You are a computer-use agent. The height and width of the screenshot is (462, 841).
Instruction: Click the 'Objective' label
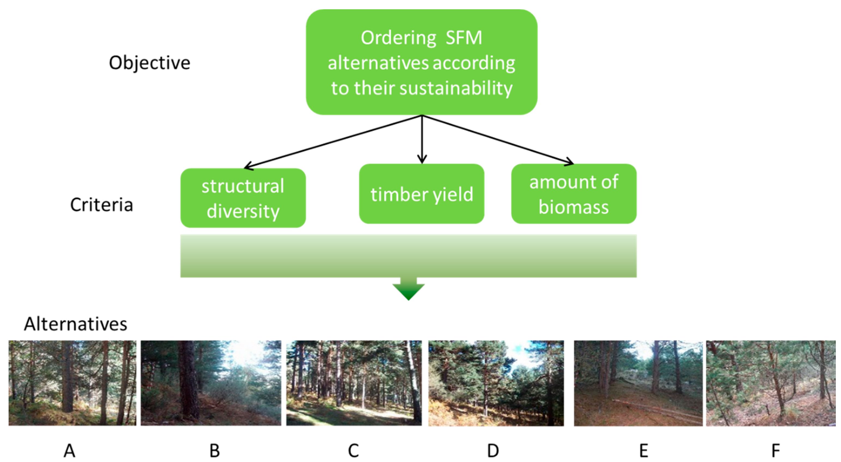pyautogui.click(x=149, y=63)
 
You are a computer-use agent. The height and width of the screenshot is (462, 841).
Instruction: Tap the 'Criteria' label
pyautogui.click(x=101, y=205)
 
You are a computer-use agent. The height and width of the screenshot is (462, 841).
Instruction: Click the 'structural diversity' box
pyautogui.click(x=243, y=198)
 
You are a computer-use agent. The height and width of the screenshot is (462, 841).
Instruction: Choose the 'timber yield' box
pyautogui.click(x=421, y=194)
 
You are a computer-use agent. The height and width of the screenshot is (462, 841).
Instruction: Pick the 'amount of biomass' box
pyautogui.click(x=574, y=194)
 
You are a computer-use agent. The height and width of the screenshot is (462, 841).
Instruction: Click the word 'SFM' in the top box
pyautogui.click(x=464, y=38)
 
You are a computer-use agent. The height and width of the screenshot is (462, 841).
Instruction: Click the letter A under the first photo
pyautogui.click(x=69, y=451)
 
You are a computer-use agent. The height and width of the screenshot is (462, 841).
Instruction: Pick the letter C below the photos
pyautogui.click(x=353, y=451)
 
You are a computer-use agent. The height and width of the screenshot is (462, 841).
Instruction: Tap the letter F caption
pyautogui.click(x=776, y=451)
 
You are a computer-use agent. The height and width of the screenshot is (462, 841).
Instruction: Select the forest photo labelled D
pyautogui.click(x=496, y=383)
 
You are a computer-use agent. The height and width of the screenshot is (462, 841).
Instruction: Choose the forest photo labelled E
pyautogui.click(x=638, y=383)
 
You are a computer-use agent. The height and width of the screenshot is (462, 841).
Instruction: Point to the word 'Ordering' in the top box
pyautogui.click(x=398, y=38)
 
